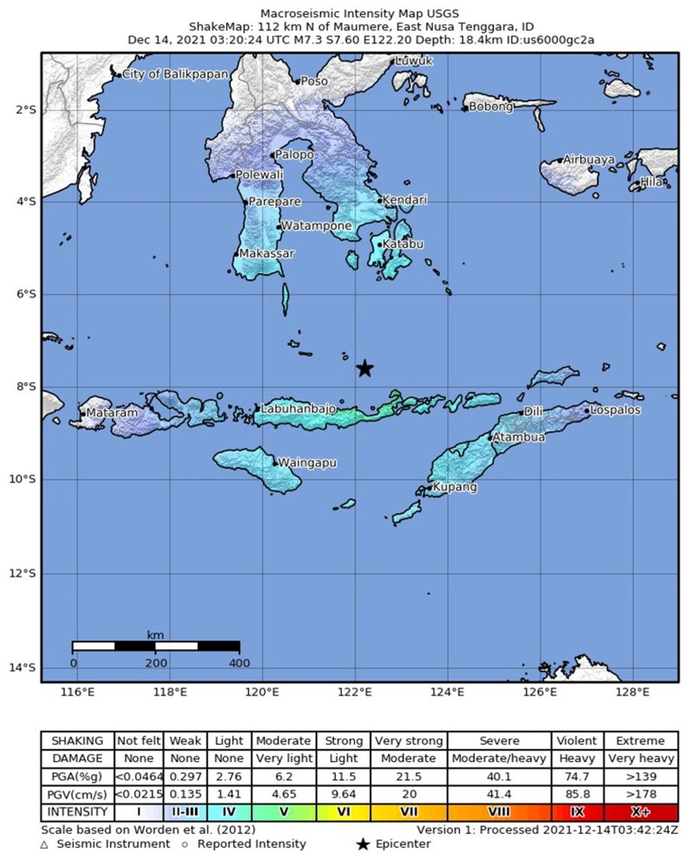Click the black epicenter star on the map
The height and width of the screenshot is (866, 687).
[364, 368]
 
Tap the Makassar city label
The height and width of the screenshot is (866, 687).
[266, 254]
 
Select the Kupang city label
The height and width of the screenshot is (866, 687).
[454, 487]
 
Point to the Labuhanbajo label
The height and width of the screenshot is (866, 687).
[298, 409]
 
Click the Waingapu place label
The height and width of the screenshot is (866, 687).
[307, 463]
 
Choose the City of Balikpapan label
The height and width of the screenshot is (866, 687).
[175, 74]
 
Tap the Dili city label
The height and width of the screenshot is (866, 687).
[533, 411]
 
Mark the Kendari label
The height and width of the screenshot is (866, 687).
[404, 200]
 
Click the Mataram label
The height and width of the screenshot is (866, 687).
[111, 413]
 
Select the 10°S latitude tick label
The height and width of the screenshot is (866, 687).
[27, 479]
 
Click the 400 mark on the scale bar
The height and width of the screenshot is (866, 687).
[239, 663]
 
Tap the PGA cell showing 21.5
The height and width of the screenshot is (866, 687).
[408, 777]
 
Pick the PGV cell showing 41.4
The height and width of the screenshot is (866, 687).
[498, 794]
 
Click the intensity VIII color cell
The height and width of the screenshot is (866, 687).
[498, 812]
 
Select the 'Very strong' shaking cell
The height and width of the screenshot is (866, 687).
[408, 741]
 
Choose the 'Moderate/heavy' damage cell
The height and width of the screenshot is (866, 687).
[498, 759]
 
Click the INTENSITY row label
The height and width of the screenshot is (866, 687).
[77, 812]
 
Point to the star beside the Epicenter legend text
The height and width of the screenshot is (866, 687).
[363, 845]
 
